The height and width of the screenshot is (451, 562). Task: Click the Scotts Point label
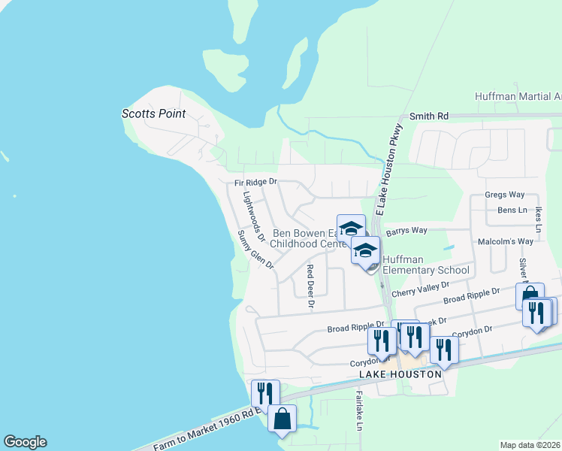click(x=153, y=114)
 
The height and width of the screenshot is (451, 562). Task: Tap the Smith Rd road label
click(x=428, y=117)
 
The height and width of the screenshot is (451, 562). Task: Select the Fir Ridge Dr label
click(x=255, y=182)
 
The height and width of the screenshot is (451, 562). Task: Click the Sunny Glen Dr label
click(x=255, y=250)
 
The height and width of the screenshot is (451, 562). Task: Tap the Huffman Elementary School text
click(x=425, y=265)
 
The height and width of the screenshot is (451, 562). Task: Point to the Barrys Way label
click(x=406, y=232)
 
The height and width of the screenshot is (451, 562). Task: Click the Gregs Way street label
click(x=504, y=195)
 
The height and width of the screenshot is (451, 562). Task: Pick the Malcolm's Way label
click(x=505, y=241)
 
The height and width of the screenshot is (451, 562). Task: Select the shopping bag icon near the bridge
click(x=282, y=418)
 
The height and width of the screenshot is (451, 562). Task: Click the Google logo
click(x=25, y=442)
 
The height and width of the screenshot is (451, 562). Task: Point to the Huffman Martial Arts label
click(x=518, y=97)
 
